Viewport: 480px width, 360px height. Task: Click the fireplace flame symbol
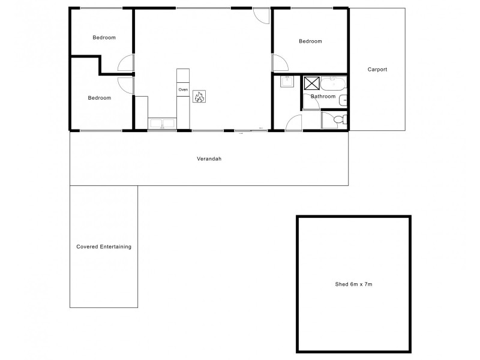[x=199, y=96]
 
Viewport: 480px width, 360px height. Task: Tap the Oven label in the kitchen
[x=183, y=90]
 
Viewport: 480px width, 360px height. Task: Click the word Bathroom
[x=323, y=96]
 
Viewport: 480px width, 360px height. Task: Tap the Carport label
[x=377, y=70]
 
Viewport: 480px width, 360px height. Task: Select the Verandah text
[x=207, y=159]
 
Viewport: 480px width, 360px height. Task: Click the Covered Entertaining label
[x=104, y=247]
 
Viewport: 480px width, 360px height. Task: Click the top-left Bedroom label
[x=104, y=38]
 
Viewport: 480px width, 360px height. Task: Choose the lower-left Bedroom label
[x=99, y=98]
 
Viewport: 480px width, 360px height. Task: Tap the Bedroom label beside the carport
[x=310, y=41]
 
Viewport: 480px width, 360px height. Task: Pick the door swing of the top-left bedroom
[x=125, y=63]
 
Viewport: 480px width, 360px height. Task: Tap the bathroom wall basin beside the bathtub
[x=344, y=101]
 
